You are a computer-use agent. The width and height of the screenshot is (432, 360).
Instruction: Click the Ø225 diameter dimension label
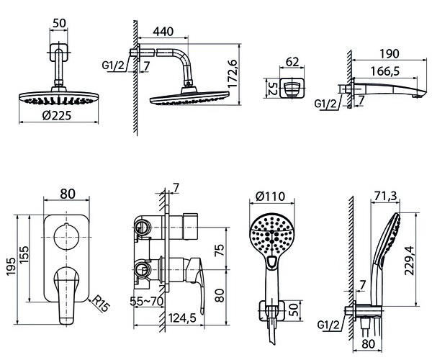[57, 115]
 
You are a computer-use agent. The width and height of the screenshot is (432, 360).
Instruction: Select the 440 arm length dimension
[163, 32]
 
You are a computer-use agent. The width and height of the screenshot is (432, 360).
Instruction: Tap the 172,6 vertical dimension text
[233, 74]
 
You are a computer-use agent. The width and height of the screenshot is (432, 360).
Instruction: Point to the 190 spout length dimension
[390, 54]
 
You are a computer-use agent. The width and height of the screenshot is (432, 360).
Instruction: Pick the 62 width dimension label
[292, 62]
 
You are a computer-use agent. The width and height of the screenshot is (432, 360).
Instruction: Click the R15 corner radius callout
[101, 303]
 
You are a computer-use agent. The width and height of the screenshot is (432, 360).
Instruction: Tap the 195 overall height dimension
[12, 266]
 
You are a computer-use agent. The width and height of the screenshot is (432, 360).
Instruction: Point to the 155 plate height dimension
[24, 254]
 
